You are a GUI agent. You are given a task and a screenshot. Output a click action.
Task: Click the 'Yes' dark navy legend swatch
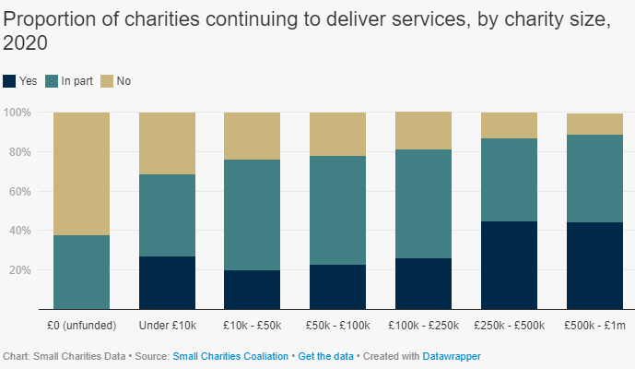point(10,81)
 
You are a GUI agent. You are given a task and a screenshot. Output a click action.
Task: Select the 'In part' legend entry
point(75,81)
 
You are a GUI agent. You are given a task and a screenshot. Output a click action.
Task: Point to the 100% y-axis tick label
point(18,113)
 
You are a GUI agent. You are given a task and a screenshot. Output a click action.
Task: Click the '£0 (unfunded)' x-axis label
point(81,326)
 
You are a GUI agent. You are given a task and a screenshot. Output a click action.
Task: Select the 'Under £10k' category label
point(167,326)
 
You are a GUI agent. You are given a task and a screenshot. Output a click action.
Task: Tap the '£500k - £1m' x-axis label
point(594,326)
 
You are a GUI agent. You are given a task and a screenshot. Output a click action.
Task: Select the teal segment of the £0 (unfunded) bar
point(81,272)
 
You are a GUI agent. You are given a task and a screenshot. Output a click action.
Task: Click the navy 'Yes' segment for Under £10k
point(167,282)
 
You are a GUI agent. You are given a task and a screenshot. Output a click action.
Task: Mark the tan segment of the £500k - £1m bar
point(594,124)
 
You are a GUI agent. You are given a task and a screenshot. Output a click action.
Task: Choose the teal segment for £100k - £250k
point(423,204)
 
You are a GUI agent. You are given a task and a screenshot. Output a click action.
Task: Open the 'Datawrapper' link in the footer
point(452,355)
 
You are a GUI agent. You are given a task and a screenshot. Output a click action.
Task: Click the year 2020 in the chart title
point(25,43)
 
